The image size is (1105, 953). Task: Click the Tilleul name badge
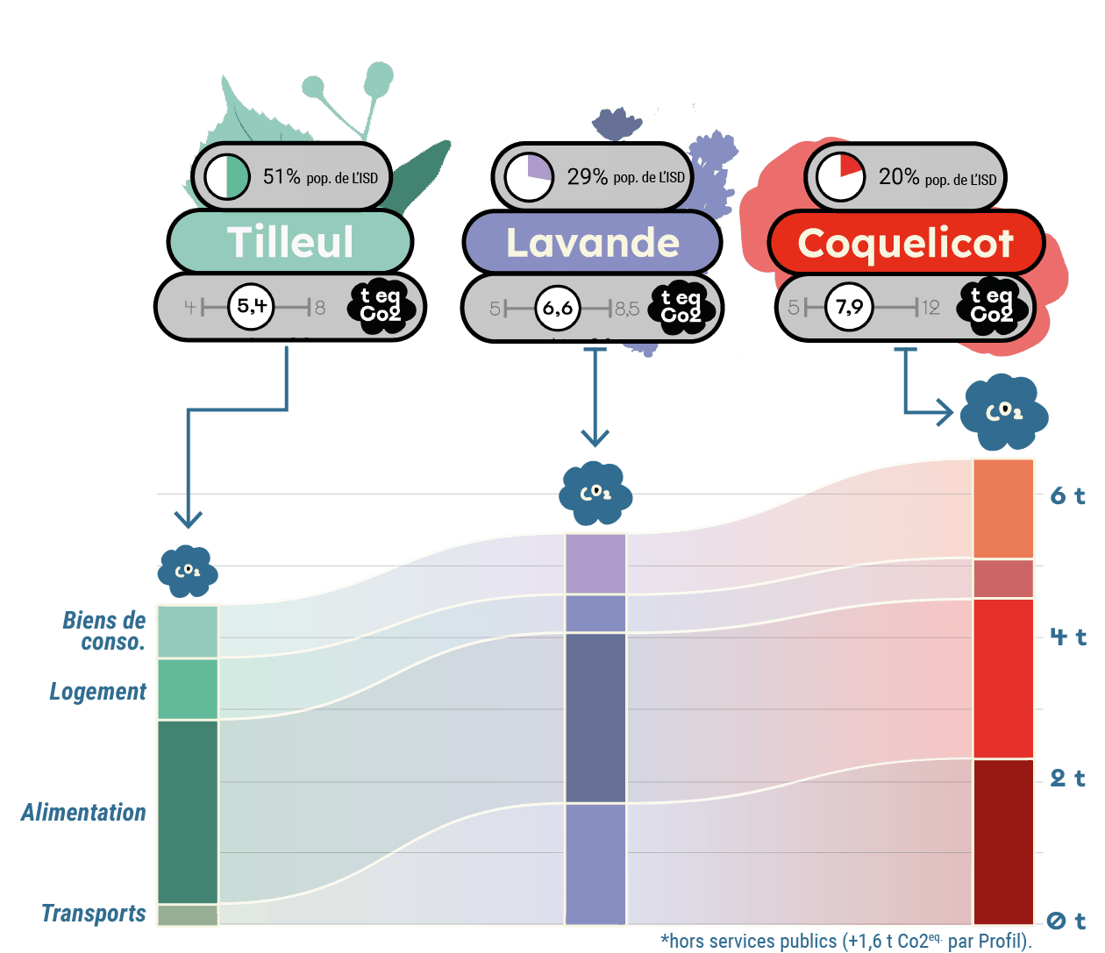(290, 242)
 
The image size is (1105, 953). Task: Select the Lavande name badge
(592, 243)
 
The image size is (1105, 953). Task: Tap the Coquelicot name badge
(906, 243)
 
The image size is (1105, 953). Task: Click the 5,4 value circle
(251, 306)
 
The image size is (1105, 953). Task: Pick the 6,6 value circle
(558, 308)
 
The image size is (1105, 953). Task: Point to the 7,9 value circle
(849, 307)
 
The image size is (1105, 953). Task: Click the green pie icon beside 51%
(226, 176)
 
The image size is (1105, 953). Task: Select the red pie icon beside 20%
(840, 176)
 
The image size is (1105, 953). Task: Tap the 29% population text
(625, 176)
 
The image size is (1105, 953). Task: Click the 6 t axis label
(1067, 495)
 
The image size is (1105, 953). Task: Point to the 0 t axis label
(1066, 921)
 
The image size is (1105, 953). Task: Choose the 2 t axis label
(1067, 779)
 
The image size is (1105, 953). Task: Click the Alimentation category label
(83, 812)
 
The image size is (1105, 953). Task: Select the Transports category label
(94, 913)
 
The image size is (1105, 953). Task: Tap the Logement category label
(98, 691)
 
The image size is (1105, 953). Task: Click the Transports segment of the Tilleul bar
(188, 914)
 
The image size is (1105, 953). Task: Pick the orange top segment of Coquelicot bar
(1003, 509)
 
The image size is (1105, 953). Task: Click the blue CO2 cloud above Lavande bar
(595, 494)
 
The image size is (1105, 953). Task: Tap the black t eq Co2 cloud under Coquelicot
(991, 306)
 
